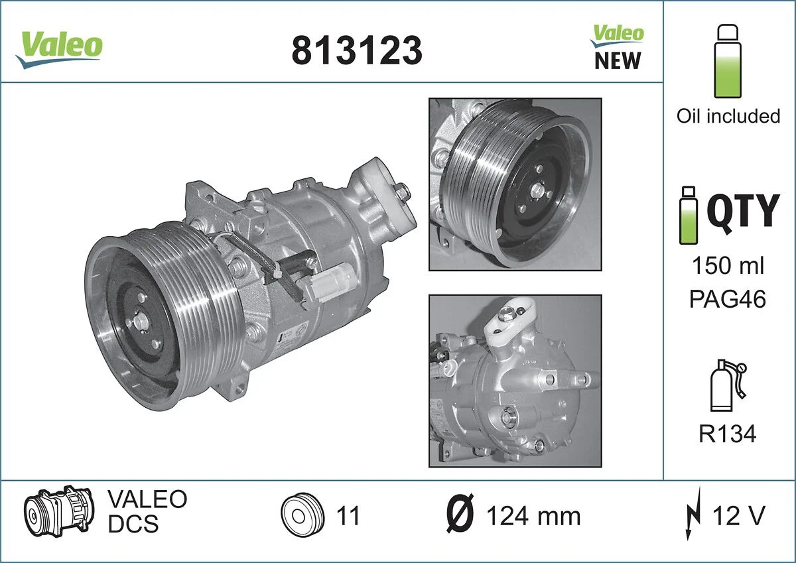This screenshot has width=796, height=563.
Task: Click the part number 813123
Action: coord(356,50)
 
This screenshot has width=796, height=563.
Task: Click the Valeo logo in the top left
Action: coord(59,47)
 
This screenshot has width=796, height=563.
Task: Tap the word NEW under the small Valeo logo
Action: coord(617,60)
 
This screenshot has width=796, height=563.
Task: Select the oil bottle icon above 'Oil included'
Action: coord(728,62)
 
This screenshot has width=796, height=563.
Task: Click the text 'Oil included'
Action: coord(728,116)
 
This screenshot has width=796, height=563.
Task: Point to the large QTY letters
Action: coord(742,212)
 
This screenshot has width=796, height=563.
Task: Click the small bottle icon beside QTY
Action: coord(689,215)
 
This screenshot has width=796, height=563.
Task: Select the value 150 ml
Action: coord(728,266)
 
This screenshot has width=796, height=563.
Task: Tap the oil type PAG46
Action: coord(728,299)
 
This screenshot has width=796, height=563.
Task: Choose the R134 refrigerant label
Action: coord(727,434)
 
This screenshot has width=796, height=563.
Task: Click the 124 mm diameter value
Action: coord(533,516)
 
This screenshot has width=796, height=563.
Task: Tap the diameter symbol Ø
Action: coord(459,515)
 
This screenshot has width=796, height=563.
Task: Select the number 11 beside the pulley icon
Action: coord(348,515)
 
